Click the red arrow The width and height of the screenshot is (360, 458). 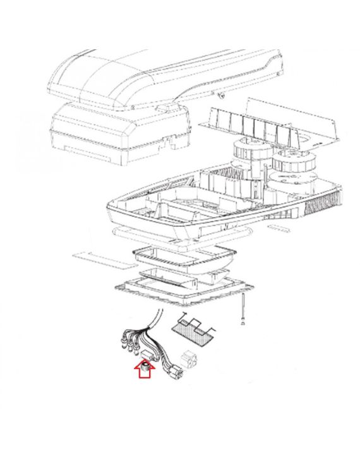145,373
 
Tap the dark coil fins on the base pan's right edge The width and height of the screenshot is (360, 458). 325,202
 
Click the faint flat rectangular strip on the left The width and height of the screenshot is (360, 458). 92,257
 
